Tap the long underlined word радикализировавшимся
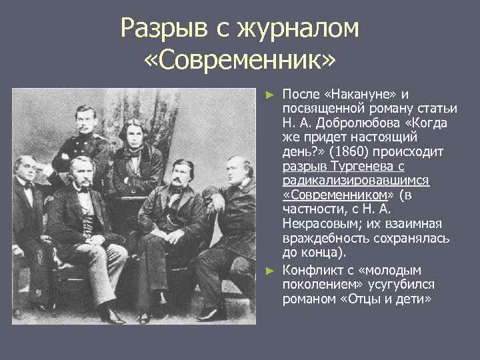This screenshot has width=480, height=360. tap(356, 181)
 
